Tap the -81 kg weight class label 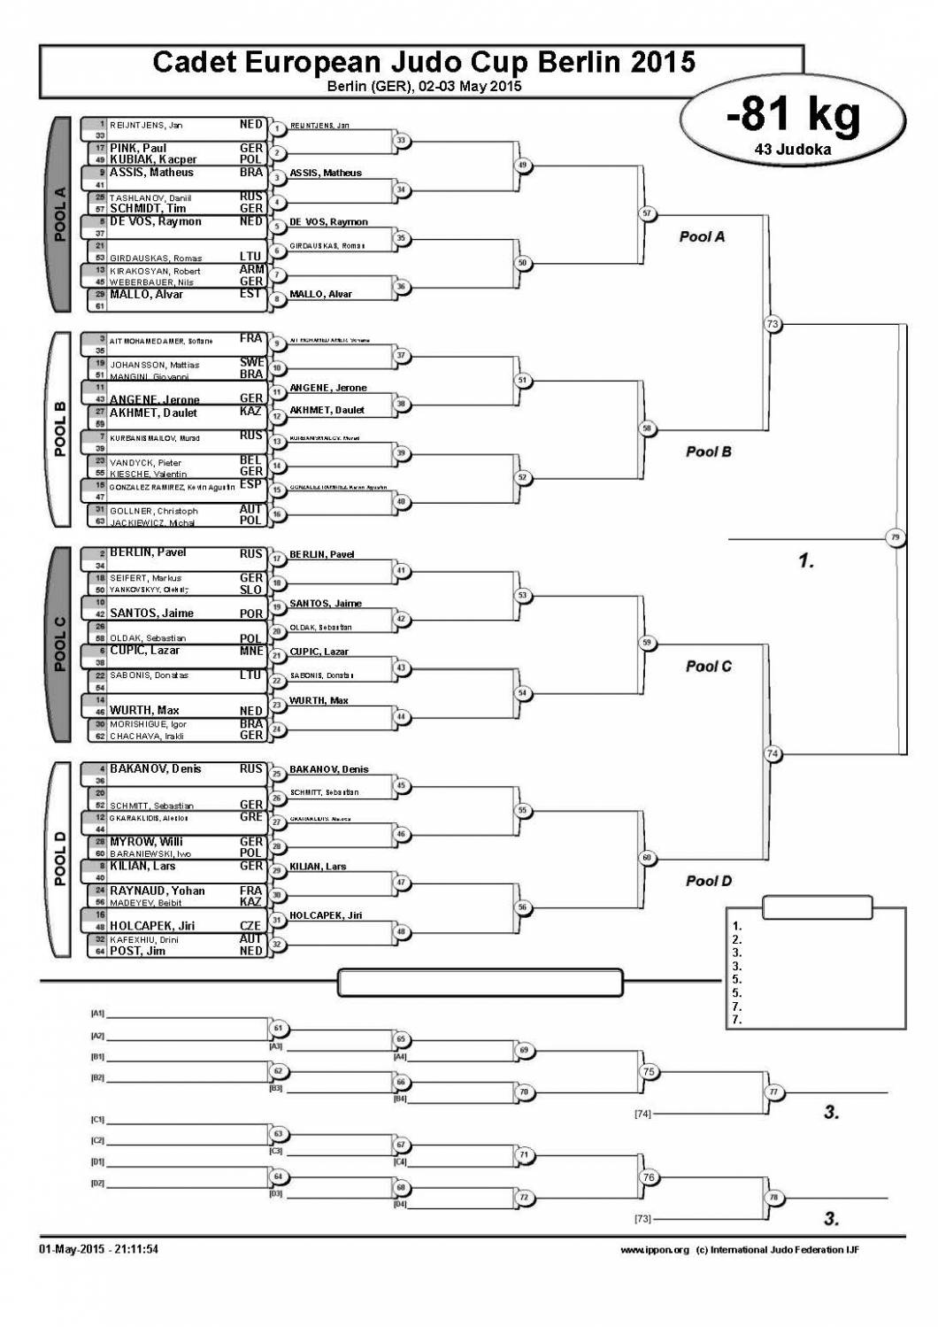pos(793,115)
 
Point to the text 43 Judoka pos(793,150)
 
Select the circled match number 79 pos(896,537)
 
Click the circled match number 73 pos(773,324)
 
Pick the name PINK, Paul pos(138,149)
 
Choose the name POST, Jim pos(137,951)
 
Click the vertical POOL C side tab pos(60,644)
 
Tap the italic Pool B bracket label pos(709,451)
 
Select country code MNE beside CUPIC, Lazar pos(251,651)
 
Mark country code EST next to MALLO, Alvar pos(251,294)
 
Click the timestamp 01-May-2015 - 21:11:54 pos(98,1249)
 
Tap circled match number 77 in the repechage pos(773,1092)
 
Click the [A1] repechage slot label pos(97,1013)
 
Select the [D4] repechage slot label pos(400,1204)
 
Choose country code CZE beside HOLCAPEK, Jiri pos(251,926)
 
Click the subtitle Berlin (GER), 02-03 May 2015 pos(424,86)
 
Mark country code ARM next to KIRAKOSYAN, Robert pos(251,270)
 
